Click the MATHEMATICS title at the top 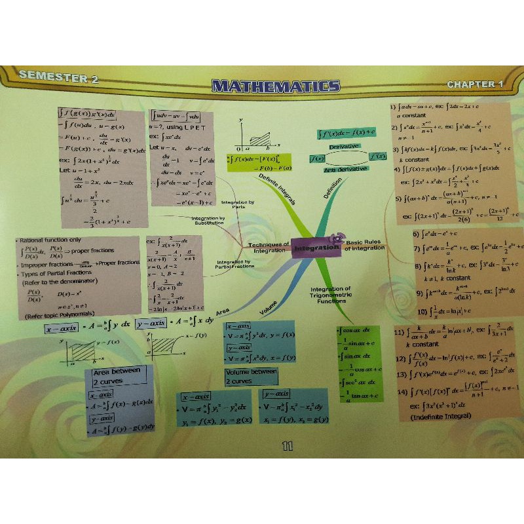pos(276,86)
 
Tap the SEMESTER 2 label pos(59,77)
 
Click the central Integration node pos(316,248)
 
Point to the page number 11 pos(287,447)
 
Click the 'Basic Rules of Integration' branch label pos(365,245)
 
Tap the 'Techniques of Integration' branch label pos(269,248)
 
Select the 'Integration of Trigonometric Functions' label pos(331,295)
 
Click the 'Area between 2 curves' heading pos(117,375)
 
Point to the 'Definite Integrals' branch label pos(277,189)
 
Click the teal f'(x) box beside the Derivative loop pos(378,156)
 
